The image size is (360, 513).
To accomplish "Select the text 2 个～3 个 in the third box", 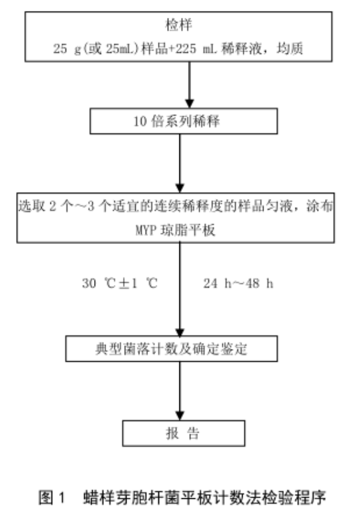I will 70,207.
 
